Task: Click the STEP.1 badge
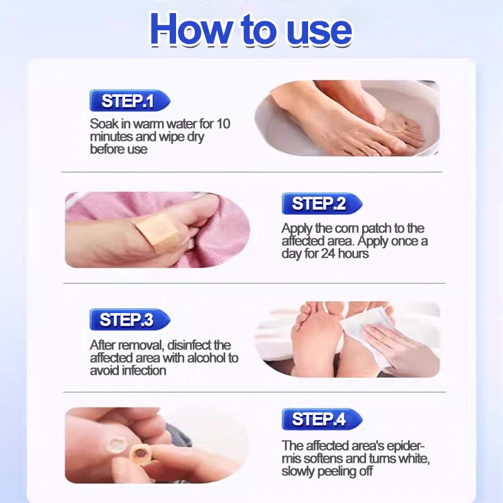pyautogui.click(x=130, y=101)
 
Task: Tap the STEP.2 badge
pyautogui.click(x=322, y=204)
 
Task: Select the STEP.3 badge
pyautogui.click(x=130, y=319)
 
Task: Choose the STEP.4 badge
pyautogui.click(x=322, y=419)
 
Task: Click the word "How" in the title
pyautogui.click(x=191, y=30)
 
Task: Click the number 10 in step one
pyautogui.click(x=223, y=123)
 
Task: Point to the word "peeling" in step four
pyautogui.click(x=338, y=472)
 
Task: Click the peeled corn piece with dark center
pyautogui.click(x=140, y=452)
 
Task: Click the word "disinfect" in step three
pyautogui.click(x=189, y=345)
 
